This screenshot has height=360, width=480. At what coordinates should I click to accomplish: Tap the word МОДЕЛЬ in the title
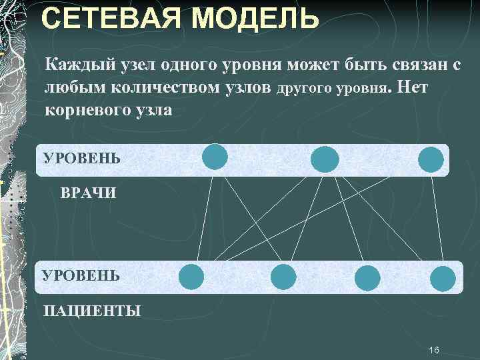click(x=262, y=18)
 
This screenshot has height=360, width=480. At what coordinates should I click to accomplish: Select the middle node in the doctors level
click(x=325, y=159)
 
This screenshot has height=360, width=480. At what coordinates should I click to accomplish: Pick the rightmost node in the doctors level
click(x=431, y=159)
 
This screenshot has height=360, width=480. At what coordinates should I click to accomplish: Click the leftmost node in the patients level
click(x=192, y=276)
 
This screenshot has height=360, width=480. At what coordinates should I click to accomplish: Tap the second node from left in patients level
click(x=283, y=276)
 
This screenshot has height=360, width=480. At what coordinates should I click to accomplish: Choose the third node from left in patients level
click(x=367, y=278)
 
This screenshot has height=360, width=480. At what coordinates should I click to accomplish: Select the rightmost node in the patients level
click(x=442, y=278)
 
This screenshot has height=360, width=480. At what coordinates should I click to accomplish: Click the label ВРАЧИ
click(x=88, y=194)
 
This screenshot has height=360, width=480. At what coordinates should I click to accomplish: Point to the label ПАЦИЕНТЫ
click(x=92, y=311)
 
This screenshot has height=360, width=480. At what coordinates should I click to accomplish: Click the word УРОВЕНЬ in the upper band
click(x=81, y=159)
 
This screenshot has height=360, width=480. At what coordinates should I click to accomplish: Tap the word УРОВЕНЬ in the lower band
click(x=81, y=275)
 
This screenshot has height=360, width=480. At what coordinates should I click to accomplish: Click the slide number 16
click(x=435, y=351)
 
